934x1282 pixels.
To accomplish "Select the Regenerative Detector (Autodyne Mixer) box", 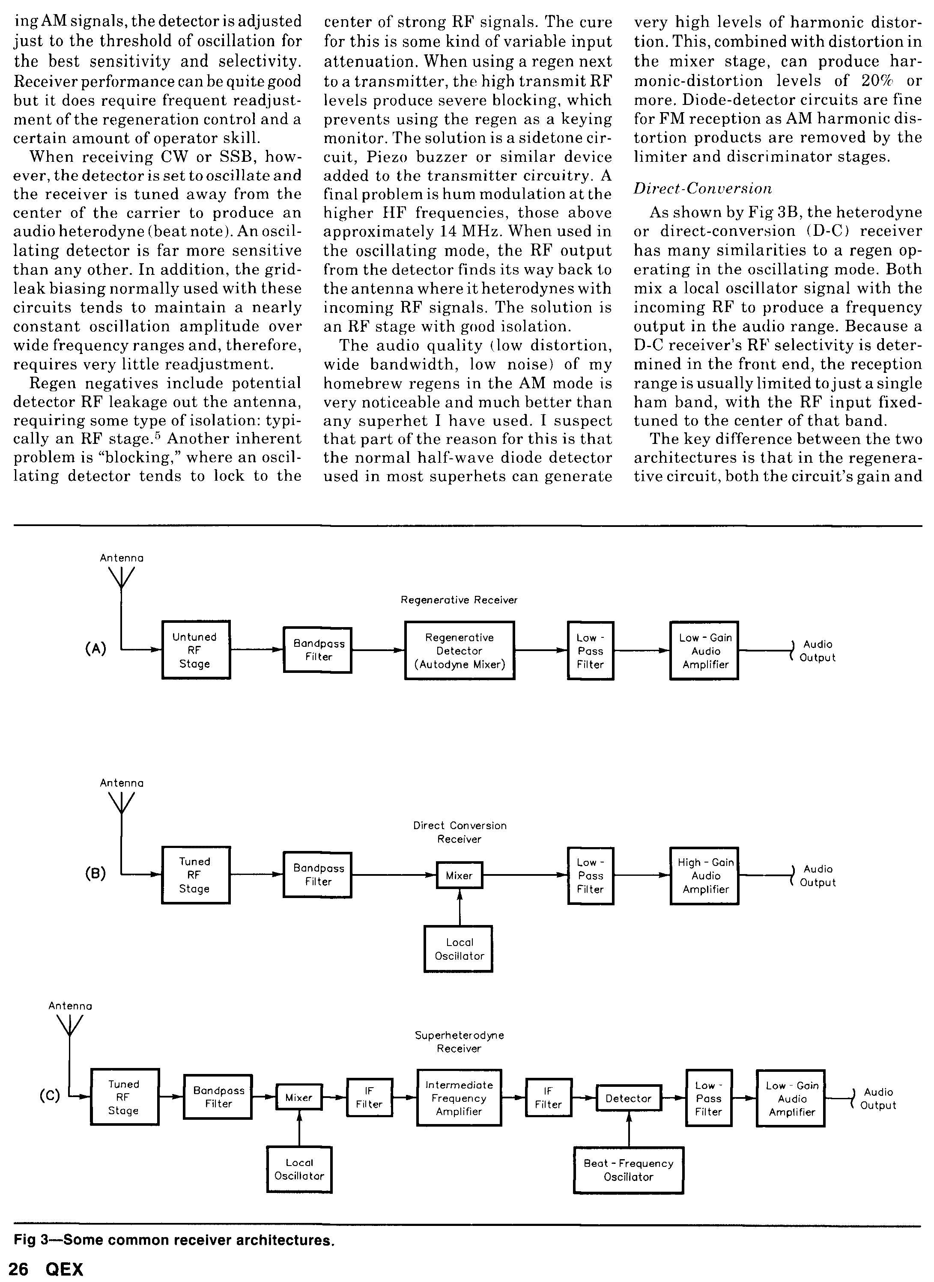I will point(459,651).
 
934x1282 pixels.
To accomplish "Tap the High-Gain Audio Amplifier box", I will point(704,876).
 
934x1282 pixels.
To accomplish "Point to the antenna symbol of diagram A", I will point(122,578).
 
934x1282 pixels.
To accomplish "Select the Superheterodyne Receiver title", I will point(459,1042).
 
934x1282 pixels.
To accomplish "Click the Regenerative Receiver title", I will point(459,600).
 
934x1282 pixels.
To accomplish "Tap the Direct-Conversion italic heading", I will point(702,188).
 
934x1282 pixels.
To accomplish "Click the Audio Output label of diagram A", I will point(817,651).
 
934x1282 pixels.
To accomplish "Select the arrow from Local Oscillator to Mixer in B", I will point(459,907).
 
